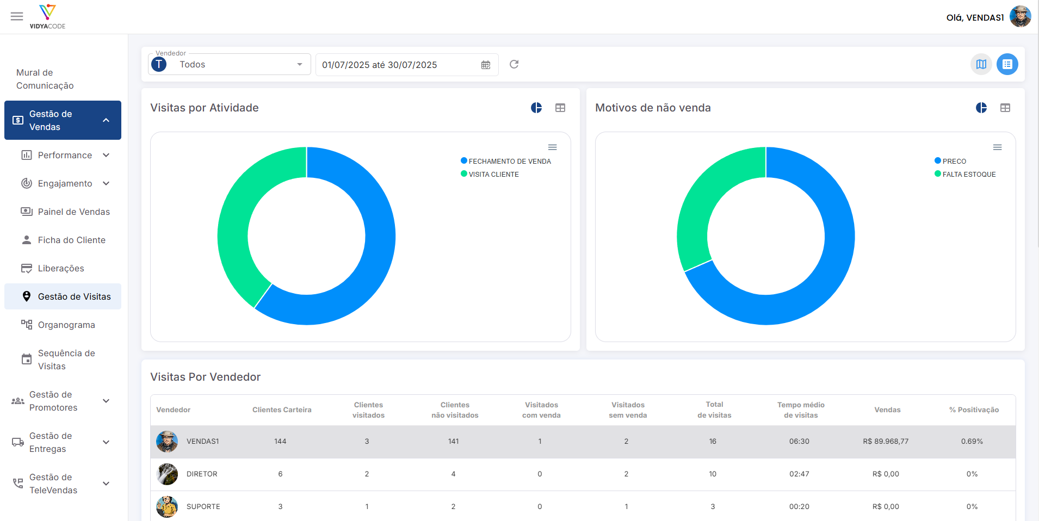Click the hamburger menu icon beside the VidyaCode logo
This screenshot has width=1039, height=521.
tap(17, 16)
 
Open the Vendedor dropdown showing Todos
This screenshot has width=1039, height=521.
tap(229, 64)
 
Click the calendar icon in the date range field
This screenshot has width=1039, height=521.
tap(486, 65)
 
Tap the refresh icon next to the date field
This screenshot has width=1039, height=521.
tap(514, 64)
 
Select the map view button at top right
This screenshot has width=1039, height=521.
tap(981, 64)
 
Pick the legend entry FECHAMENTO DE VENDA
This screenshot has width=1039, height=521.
tap(506, 161)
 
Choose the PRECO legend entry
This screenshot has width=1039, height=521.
tap(950, 161)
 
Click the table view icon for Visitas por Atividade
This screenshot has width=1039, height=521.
tap(560, 108)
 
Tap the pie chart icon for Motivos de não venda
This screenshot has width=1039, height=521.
tap(981, 108)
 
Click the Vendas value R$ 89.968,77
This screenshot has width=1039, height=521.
tap(886, 441)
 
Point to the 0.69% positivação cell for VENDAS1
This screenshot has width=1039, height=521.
tap(972, 441)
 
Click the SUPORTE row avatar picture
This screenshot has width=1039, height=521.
tap(167, 506)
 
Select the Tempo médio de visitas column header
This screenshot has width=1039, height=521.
tap(801, 410)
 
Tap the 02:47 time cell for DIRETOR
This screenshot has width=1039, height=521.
tap(799, 474)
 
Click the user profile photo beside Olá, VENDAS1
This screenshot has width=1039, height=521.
tap(1021, 16)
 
